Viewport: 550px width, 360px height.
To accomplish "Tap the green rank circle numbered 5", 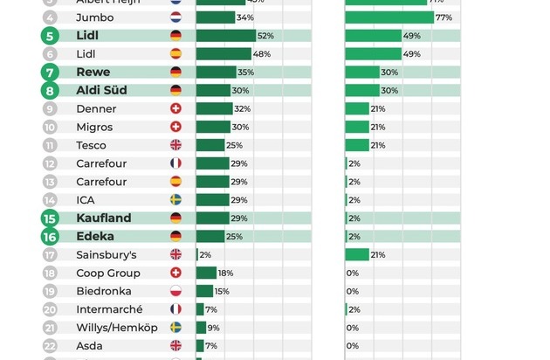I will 50,36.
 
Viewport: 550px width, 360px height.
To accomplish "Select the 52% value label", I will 265,36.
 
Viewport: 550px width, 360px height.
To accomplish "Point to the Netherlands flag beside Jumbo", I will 175,17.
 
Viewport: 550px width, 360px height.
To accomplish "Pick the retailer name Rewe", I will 93,73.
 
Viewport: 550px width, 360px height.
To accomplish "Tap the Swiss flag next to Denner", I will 175,109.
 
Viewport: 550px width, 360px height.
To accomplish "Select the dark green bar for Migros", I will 212,127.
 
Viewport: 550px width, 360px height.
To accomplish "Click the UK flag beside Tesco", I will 175,145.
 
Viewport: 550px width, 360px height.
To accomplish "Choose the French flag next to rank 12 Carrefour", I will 175,163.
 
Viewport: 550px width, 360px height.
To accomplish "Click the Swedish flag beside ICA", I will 175,200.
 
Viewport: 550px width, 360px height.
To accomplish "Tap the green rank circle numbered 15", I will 50,218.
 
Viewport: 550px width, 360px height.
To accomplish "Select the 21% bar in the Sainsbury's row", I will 356,254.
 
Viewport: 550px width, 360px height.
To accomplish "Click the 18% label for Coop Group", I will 225,273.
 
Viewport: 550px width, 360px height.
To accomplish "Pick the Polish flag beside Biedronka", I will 175,291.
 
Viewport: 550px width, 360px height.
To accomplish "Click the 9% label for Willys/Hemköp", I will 213,328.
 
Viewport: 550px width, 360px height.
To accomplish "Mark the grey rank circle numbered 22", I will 50,346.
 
